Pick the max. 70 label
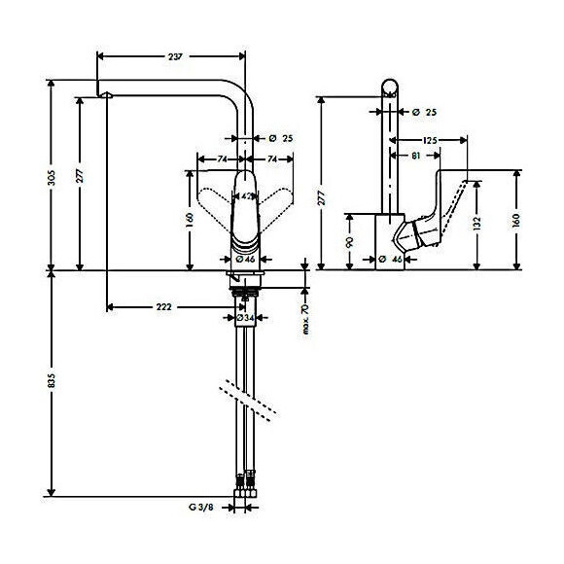[304, 317]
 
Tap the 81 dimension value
[415, 155]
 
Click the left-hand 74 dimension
[222, 158]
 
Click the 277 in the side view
[322, 198]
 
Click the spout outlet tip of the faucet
[106, 95]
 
